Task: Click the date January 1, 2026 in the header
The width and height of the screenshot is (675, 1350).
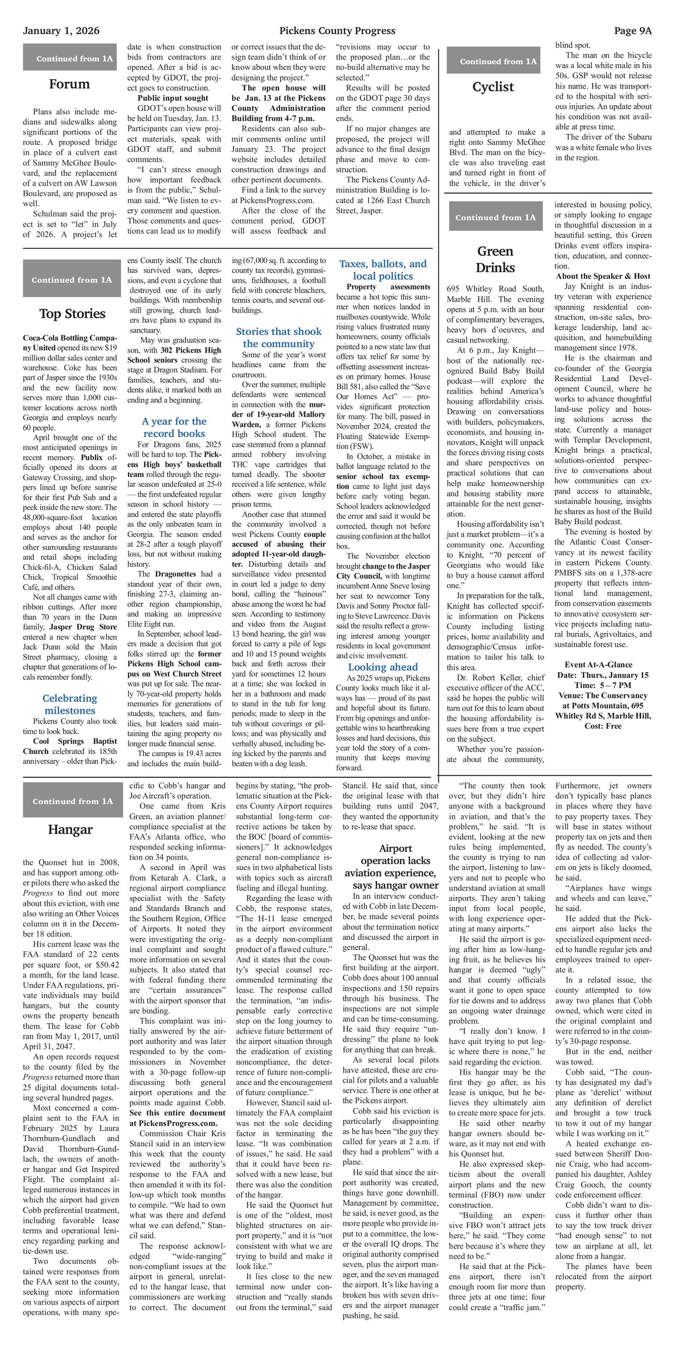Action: point(61,31)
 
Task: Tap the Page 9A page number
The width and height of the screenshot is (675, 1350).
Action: point(632,31)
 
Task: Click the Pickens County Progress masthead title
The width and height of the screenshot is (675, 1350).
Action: point(337,31)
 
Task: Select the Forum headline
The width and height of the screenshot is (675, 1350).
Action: point(69,84)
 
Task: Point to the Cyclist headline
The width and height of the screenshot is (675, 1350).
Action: point(493,87)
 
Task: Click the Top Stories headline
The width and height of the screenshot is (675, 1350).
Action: point(72,314)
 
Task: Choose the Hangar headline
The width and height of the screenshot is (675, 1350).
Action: point(70,829)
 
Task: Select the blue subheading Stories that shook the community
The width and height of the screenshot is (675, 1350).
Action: point(278,337)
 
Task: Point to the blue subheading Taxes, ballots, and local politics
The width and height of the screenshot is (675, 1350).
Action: point(383,270)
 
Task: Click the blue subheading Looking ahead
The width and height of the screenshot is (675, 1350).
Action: point(383,667)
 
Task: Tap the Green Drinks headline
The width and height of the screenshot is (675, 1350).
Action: point(495,259)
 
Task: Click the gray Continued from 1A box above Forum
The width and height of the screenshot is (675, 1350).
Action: point(70,58)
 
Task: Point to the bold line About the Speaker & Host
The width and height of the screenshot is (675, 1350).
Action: point(603,276)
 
